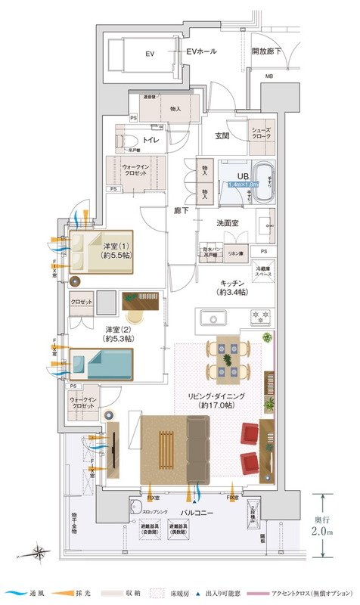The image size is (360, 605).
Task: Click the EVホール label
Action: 201,52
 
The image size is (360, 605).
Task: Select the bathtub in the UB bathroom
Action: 264,181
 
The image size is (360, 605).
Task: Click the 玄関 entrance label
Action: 222,136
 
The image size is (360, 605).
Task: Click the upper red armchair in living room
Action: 250,433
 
